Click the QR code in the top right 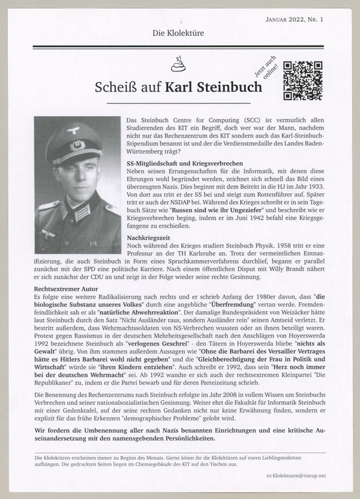[303, 80]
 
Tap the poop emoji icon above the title [179, 65]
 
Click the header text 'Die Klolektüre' [179, 32]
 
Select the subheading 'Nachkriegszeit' [149, 237]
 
